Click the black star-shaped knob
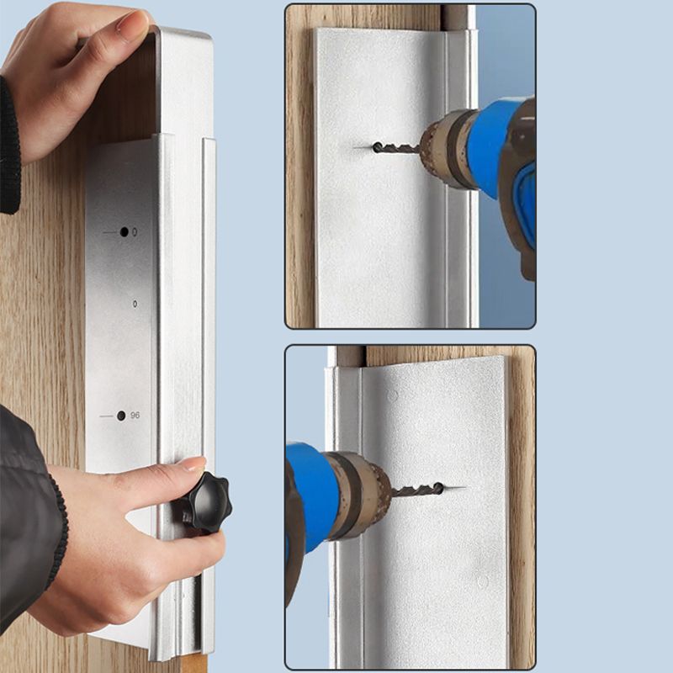(x=205, y=503)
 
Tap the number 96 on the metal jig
(x=135, y=416)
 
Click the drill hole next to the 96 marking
(x=121, y=416)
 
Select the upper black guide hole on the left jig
(x=124, y=231)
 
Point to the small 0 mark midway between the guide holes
(x=135, y=304)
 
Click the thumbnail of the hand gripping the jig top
(x=133, y=26)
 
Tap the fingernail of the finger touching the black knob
(x=193, y=463)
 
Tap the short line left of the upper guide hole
(x=109, y=232)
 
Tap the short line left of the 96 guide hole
(x=106, y=416)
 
